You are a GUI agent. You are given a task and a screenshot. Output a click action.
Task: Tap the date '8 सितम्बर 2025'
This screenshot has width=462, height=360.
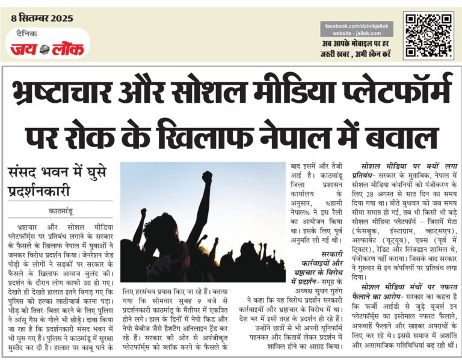coord(42,17)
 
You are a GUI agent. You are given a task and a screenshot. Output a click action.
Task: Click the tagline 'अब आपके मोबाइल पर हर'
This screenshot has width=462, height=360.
coord(357,44)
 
